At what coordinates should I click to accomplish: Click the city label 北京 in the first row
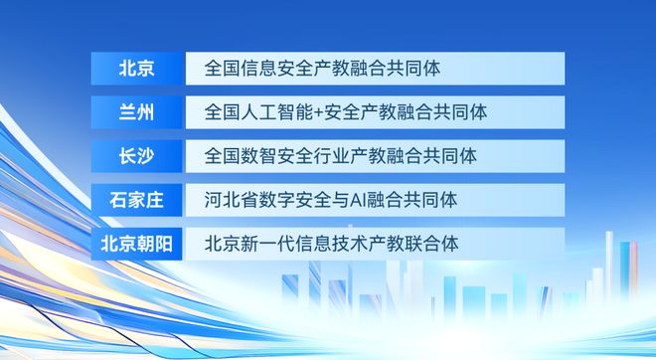click(x=136, y=69)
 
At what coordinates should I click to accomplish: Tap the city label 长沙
click(x=136, y=156)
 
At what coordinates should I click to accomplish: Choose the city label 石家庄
click(x=136, y=200)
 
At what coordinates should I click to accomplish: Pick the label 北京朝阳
click(x=136, y=244)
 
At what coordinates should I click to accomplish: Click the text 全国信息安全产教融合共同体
click(x=323, y=69)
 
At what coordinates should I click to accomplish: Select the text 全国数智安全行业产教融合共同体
click(x=341, y=156)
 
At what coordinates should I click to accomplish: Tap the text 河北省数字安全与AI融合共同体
click(x=331, y=200)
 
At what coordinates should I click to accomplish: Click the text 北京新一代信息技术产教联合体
click(x=331, y=244)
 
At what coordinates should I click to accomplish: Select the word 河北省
click(x=225, y=200)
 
